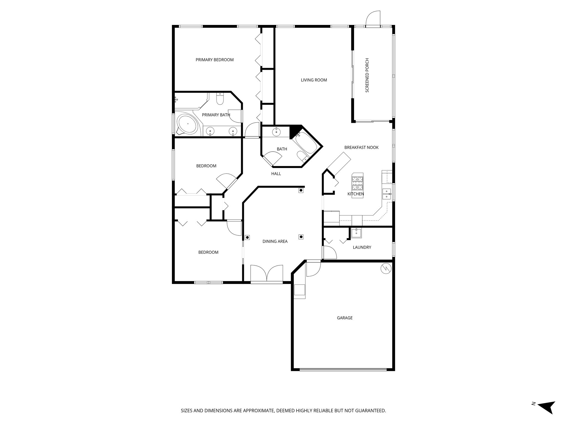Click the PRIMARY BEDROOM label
(215, 60)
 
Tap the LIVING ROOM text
(314, 80)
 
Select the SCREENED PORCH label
(367, 75)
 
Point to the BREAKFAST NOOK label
(361, 147)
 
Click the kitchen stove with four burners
(357, 181)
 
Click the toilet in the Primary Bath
(220, 99)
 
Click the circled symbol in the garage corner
(386, 268)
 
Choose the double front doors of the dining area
(267, 274)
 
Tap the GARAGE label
(345, 318)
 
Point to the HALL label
(276, 174)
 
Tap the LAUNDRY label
(362, 247)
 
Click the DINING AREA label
(275, 242)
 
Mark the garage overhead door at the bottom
(343, 369)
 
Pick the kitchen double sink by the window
(386, 194)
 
